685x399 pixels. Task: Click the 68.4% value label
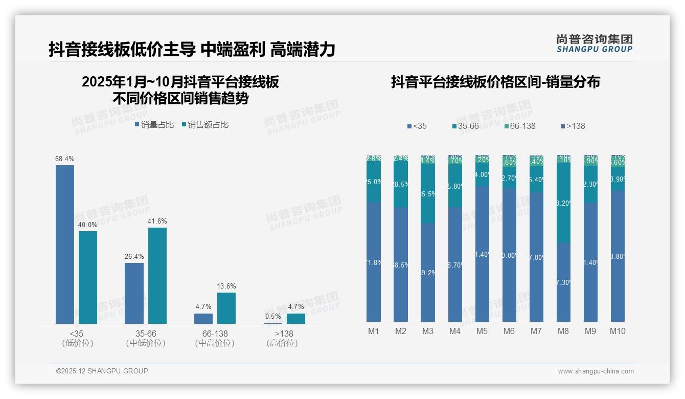click(64, 159)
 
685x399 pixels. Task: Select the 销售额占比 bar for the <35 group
click(88, 277)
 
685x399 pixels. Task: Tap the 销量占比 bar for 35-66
click(134, 293)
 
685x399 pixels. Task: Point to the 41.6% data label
click(157, 221)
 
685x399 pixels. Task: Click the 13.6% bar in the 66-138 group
click(226, 308)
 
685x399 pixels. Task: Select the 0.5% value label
click(273, 317)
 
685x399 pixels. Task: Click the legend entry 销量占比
click(154, 125)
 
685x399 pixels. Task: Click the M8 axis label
click(563, 331)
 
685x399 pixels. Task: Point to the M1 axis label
click(374, 331)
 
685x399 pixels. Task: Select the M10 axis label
click(618, 331)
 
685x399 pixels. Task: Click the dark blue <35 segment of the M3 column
click(428, 272)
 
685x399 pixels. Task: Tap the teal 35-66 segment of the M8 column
click(563, 203)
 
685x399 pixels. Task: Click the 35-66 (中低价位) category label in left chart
click(145, 338)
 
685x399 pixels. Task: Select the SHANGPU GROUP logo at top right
click(594, 43)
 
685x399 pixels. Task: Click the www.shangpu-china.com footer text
click(596, 371)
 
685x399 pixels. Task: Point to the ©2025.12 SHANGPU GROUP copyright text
click(102, 371)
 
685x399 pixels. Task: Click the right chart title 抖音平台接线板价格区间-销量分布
click(495, 82)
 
